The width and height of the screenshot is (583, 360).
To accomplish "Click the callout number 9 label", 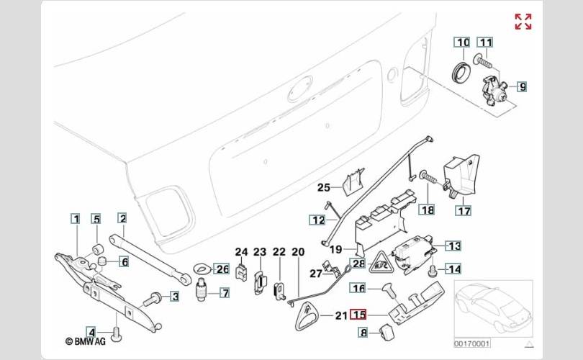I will tap(522, 87).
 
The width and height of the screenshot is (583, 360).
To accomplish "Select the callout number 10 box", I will tap(461, 42).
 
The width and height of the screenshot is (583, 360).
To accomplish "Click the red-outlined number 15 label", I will tap(358, 315).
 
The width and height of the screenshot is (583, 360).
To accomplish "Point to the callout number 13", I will tap(453, 246).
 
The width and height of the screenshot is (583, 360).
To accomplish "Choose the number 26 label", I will tap(222, 269).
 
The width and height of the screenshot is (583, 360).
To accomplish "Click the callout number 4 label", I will tap(91, 330).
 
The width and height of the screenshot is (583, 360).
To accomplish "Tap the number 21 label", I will tap(340, 315).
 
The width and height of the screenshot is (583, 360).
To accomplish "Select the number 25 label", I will tap(324, 189).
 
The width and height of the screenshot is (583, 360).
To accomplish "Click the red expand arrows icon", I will tap(523, 22).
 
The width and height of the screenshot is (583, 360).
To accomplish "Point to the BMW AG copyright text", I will tap(85, 341).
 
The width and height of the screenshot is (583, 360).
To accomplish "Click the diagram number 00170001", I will tap(471, 343).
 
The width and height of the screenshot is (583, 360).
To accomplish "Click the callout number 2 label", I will tap(122, 217).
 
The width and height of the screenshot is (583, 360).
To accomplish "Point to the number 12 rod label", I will tap(318, 220).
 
